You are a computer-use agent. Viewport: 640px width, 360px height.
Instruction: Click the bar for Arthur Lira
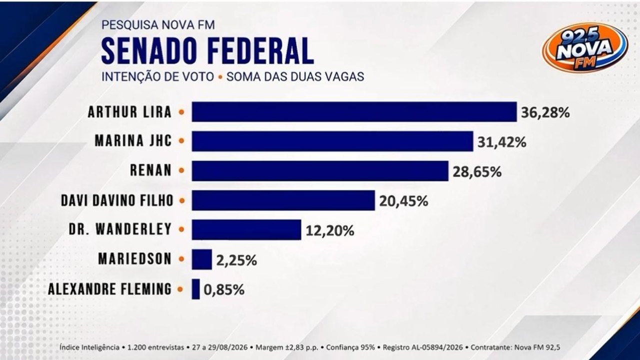354,111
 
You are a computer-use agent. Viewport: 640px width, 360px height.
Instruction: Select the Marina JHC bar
332,141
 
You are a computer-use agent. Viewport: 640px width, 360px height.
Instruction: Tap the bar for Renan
320,171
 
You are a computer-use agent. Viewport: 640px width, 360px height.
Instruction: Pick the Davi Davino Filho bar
283,200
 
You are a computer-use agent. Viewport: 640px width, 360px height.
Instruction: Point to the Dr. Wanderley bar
246,229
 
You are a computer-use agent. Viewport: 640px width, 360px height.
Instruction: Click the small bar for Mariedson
201,259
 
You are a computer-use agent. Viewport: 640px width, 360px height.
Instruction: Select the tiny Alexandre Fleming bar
195,289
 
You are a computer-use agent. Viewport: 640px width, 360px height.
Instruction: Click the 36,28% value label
545,113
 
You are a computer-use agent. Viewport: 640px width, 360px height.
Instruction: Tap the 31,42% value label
501,142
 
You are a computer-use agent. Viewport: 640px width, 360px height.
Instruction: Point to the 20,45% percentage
403,201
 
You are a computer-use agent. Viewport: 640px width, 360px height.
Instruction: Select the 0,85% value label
224,290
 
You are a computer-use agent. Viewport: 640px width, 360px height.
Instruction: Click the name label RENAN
151,170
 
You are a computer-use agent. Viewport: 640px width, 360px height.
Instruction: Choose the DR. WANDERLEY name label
120,229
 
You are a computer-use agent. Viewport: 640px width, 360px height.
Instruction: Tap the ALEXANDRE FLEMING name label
109,289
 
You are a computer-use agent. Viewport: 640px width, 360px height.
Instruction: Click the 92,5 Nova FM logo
585,47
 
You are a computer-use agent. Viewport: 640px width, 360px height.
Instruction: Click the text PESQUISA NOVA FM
158,25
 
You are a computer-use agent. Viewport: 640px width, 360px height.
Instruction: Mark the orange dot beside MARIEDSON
181,259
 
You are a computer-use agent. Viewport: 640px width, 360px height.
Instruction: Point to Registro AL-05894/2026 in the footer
422,347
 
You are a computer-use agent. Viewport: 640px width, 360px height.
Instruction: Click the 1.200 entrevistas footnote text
155,347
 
